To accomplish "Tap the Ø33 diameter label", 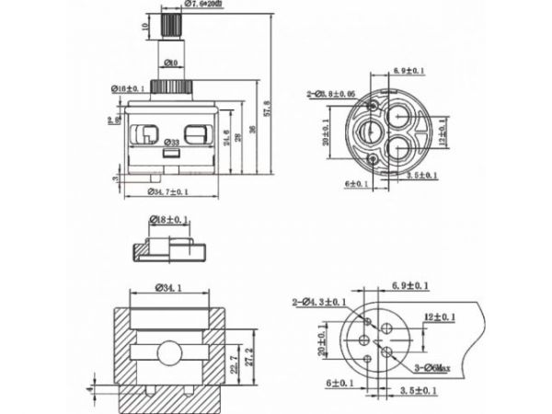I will pyautogui.click(x=170, y=144).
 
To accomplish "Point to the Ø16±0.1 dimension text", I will pyautogui.click(x=129, y=88).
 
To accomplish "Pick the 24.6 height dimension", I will pyautogui.click(x=226, y=140).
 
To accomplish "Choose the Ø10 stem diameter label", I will pyautogui.click(x=170, y=63).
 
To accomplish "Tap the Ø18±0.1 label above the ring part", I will pyautogui.click(x=169, y=222).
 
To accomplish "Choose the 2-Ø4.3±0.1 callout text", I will pyautogui.click(x=321, y=302).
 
